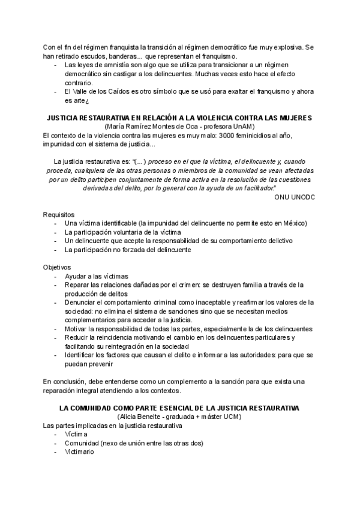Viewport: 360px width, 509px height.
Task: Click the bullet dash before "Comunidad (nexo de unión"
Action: [56, 443]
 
